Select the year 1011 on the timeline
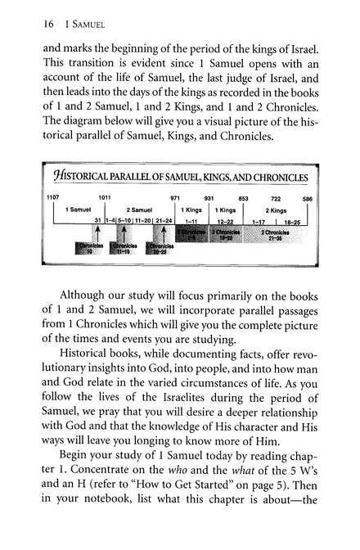click(105, 198)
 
